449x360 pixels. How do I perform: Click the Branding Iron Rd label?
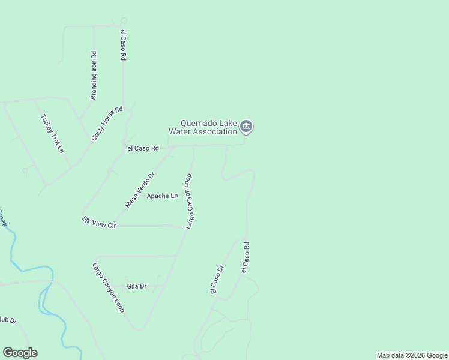94,75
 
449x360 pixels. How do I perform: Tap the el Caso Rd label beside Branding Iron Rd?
123,45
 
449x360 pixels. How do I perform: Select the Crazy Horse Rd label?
107,124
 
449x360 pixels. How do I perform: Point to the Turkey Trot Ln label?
52,133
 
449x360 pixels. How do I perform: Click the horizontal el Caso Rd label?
143,148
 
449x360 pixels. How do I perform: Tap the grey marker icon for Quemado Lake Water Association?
246,127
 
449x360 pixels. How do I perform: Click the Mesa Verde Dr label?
140,190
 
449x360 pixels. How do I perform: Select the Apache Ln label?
166,196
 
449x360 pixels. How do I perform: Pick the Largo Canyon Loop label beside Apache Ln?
189,201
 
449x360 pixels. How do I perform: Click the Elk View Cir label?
99,223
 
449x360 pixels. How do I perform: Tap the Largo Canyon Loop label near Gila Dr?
109,287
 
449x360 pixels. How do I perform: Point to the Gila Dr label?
136,286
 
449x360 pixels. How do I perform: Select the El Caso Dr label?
217,280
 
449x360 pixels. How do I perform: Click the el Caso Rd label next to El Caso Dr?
245,257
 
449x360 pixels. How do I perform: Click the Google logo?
20,353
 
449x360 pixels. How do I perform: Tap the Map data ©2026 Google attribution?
412,355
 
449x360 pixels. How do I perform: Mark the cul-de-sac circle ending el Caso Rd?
124,20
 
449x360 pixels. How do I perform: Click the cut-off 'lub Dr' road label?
8,320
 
